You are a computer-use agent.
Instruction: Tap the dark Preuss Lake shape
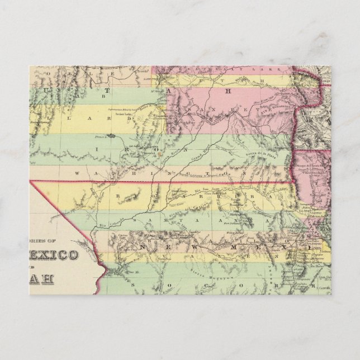pos(112,135)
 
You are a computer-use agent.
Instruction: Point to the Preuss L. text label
pos(100,135)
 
